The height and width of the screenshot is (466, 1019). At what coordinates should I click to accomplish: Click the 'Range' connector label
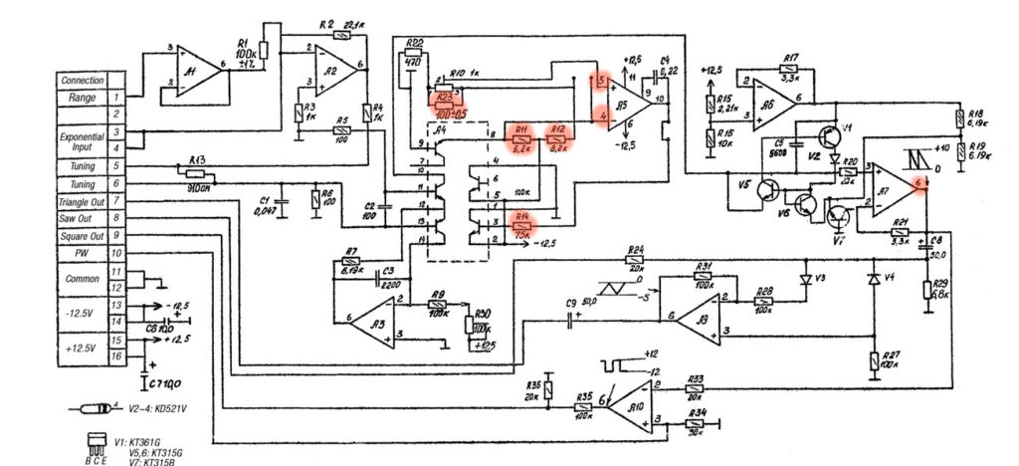point(82,98)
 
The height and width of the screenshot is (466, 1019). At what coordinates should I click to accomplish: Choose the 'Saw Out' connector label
point(82,218)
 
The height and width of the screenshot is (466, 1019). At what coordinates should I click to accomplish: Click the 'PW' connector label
point(82,254)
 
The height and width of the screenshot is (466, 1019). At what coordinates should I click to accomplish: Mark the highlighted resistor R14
point(523,225)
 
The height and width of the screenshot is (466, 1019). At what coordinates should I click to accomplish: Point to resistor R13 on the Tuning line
point(200,175)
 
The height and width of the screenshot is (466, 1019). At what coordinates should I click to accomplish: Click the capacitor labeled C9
point(572,319)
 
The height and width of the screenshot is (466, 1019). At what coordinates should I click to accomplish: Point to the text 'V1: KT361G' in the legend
point(135,441)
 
